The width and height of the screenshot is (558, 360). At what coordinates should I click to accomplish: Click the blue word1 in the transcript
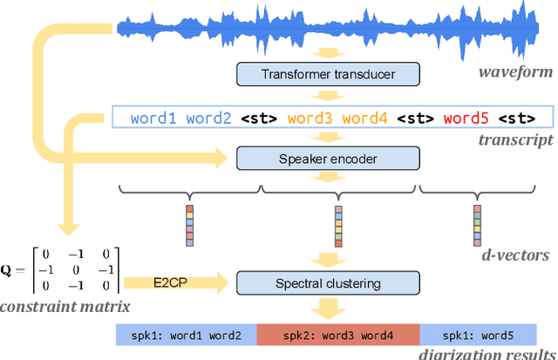pyautogui.click(x=155, y=117)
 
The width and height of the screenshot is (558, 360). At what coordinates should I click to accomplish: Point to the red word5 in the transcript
pyautogui.click(x=466, y=117)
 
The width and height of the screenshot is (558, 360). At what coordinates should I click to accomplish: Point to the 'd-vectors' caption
pyautogui.click(x=516, y=255)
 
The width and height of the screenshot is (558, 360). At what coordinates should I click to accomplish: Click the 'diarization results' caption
pyautogui.click(x=489, y=354)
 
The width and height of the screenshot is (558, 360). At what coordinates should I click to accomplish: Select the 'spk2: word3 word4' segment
pyautogui.click(x=338, y=335)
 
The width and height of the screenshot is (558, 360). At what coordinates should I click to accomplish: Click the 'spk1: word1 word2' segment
pyautogui.click(x=186, y=335)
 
